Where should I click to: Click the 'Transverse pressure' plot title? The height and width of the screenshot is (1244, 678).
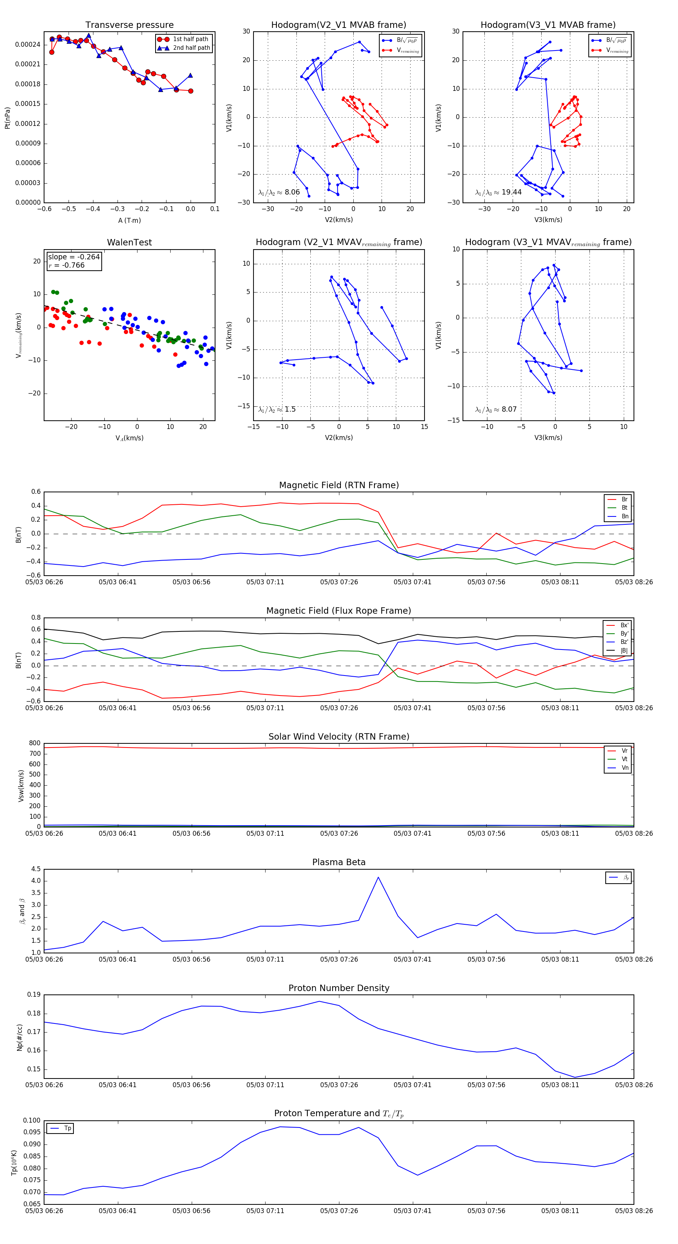click(129, 25)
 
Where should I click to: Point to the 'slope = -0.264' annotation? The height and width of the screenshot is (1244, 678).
click(74, 257)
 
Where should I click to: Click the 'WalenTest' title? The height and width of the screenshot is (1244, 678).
click(129, 242)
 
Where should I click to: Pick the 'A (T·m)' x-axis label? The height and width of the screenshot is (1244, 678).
click(129, 220)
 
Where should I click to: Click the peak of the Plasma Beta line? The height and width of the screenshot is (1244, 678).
click(378, 877)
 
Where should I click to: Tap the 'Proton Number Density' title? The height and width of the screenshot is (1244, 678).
click(339, 988)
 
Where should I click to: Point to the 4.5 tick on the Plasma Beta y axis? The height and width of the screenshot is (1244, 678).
click(36, 869)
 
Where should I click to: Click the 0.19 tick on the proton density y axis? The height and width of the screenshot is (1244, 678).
click(34, 995)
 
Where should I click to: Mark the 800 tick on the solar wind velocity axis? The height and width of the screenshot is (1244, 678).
click(35, 743)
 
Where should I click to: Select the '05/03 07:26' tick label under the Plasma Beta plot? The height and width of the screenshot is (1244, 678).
click(339, 959)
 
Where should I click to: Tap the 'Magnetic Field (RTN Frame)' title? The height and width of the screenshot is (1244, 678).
click(339, 485)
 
